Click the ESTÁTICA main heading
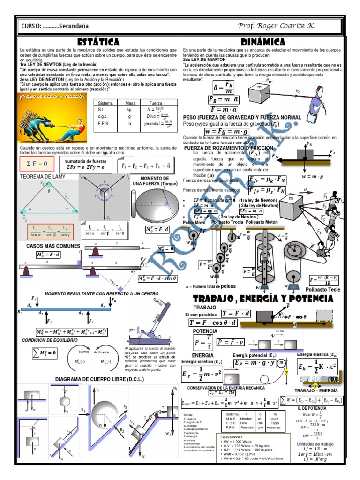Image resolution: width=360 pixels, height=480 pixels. tap(99, 42)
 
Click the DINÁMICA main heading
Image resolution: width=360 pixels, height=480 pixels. tap(263, 42)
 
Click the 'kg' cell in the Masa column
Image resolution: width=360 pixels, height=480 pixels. tap(130, 109)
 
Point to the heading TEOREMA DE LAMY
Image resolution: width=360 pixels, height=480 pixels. tap(42, 177)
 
